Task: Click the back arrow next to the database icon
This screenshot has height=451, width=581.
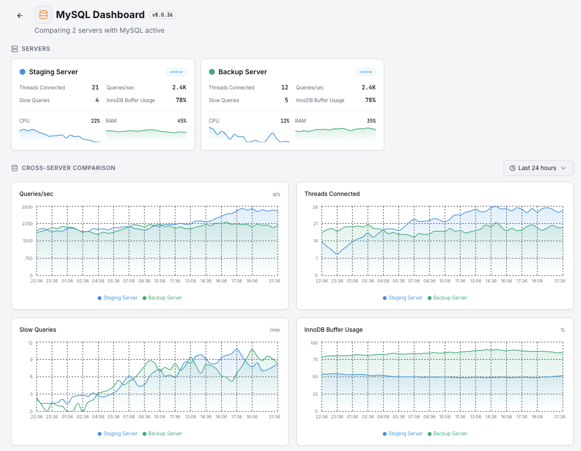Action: tap(20, 16)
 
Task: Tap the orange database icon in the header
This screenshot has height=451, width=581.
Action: tap(43, 15)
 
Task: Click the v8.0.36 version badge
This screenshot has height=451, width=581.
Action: tap(162, 15)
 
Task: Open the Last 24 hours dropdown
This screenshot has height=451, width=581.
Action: tap(538, 168)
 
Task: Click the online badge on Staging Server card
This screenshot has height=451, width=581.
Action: tap(176, 72)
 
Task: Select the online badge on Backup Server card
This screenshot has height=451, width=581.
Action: tap(366, 72)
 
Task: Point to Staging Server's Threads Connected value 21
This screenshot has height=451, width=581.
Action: tap(95, 87)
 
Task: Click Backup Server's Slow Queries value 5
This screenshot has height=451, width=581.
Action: tap(286, 100)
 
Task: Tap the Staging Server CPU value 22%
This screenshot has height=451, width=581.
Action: tap(95, 121)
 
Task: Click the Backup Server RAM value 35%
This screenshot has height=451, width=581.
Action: tap(371, 121)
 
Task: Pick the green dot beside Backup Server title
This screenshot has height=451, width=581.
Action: tap(212, 72)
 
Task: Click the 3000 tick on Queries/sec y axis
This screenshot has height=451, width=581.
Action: tap(27, 207)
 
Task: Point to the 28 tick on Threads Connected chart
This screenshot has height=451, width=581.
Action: tap(315, 207)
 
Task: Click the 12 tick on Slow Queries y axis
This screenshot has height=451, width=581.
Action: tap(30, 343)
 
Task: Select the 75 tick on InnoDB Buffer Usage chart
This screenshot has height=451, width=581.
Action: tap(315, 360)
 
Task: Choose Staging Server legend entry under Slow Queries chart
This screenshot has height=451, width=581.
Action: tap(118, 433)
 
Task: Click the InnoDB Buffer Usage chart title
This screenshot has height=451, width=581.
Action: tap(333, 330)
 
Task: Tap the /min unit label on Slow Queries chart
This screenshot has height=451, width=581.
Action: tap(275, 330)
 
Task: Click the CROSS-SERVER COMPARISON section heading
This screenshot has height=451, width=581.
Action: tap(68, 168)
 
